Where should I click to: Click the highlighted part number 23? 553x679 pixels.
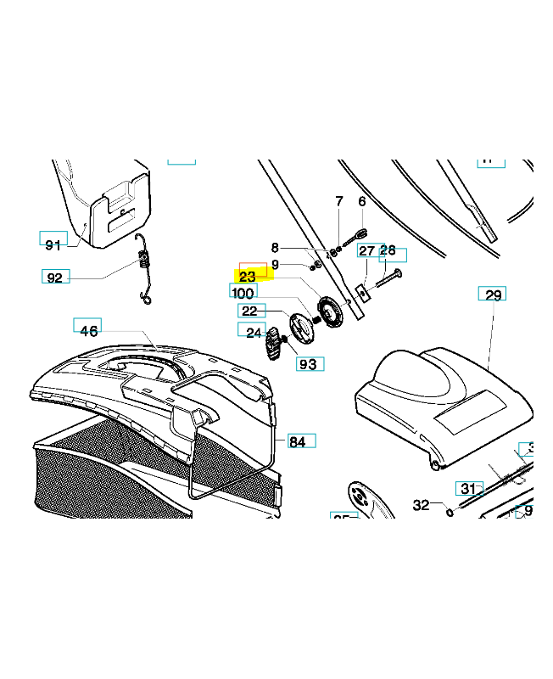pos(249,276)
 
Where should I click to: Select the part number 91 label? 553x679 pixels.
pos(53,244)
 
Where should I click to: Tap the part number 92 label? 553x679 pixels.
pos(55,278)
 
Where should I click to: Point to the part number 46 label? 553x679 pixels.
pos(89,330)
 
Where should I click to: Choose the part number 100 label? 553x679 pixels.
pos(243,292)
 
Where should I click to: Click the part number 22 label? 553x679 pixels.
pos(249,311)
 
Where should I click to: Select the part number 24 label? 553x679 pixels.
pos(254,333)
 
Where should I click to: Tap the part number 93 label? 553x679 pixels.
pos(308,364)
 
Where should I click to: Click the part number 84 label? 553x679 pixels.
pos(298,441)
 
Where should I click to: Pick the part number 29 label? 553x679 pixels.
pos(493,295)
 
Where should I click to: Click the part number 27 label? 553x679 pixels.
pos(366,251)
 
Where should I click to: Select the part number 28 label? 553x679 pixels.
pos(388,250)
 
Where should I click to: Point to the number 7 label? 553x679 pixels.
pos(339,201)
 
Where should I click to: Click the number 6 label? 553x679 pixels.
pos(362,201)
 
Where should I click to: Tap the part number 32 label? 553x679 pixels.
pos(422,505)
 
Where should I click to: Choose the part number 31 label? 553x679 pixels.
pos(467,488)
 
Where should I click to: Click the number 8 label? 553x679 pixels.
pos(275,248)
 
